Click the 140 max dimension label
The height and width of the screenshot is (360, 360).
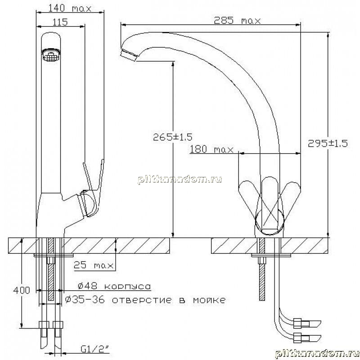click(70, 8)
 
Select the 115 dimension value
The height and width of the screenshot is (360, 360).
click(60, 22)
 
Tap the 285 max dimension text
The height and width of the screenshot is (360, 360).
click(238, 21)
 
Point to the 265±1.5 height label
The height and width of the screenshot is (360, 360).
click(173, 137)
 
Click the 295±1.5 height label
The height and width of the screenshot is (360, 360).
click(328, 144)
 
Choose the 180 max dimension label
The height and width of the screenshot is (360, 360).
click(211, 149)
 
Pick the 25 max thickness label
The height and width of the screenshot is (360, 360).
click(94, 265)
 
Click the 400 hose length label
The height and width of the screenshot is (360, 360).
click(22, 290)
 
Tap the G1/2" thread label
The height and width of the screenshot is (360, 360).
click(95, 350)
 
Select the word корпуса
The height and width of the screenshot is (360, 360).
click(128, 286)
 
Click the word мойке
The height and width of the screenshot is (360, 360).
click(209, 300)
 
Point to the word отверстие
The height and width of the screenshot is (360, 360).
click(142, 300)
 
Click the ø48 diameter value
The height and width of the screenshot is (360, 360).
click(87, 286)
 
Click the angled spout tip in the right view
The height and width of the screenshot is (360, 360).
click(129, 54)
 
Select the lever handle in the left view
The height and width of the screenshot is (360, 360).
click(93, 187)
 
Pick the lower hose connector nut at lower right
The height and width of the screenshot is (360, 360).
click(297, 337)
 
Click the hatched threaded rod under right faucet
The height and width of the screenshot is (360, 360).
click(262, 269)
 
